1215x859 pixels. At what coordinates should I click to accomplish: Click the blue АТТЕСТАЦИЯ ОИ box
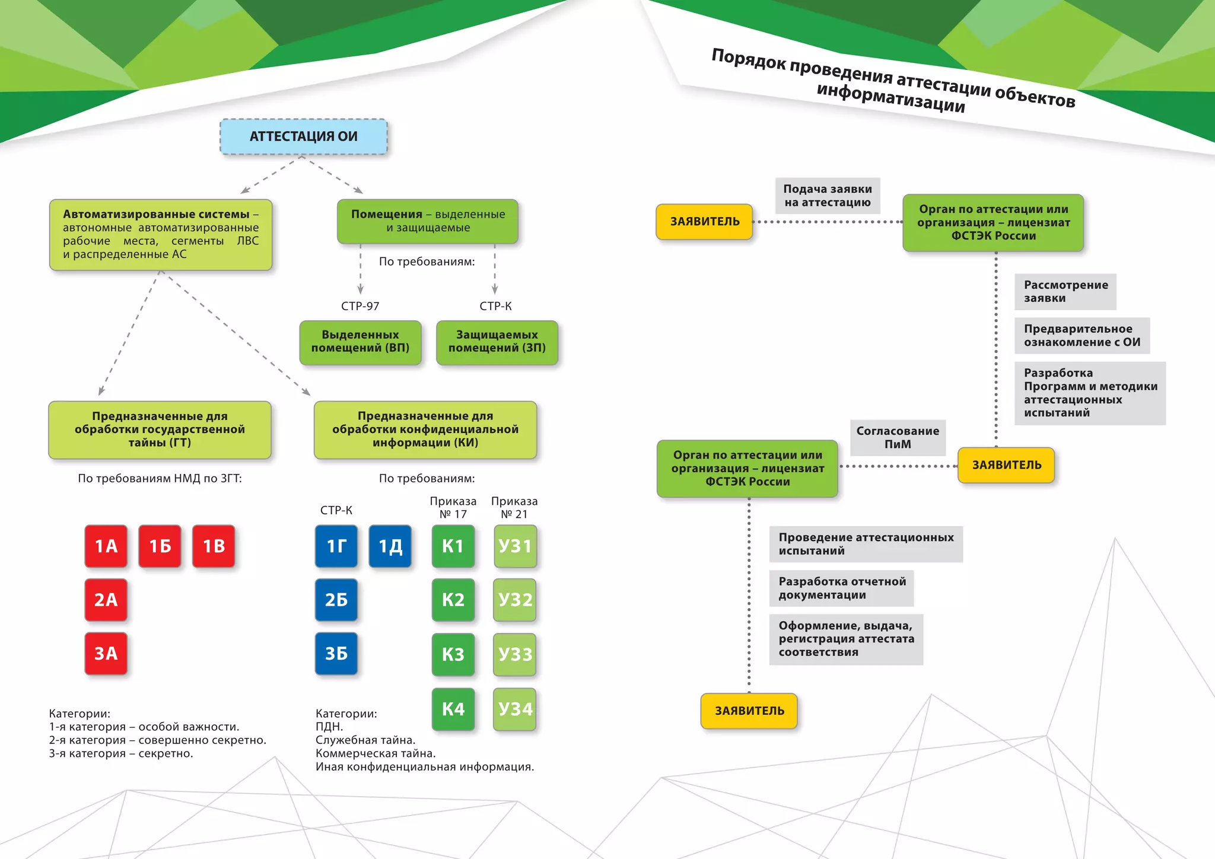click(303, 137)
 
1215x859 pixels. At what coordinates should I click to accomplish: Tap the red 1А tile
click(106, 546)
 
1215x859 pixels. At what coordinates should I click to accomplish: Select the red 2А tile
click(106, 600)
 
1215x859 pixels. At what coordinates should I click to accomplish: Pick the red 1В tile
click(214, 546)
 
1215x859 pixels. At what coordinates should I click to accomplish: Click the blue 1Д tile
click(390, 546)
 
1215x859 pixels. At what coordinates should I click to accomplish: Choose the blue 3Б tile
click(336, 653)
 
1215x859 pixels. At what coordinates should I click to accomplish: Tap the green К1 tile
click(453, 546)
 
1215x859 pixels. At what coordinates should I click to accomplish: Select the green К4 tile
click(453, 709)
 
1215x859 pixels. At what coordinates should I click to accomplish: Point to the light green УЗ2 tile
click(515, 600)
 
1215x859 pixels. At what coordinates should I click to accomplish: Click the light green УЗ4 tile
click(515, 709)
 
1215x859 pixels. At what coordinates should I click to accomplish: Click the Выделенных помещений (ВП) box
click(360, 342)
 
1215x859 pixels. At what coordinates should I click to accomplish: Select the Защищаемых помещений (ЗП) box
click(497, 342)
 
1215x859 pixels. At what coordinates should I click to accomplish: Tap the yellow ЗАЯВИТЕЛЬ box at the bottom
click(749, 711)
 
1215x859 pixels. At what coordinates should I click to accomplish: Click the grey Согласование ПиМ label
click(898, 438)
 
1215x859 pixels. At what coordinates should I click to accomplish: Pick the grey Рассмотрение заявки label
click(1065, 291)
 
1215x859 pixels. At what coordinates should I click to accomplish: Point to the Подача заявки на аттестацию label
click(828, 196)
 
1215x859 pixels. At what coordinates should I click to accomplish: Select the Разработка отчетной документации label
click(842, 588)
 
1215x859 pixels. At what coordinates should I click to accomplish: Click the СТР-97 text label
click(360, 306)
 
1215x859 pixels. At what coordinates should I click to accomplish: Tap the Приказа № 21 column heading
click(514, 508)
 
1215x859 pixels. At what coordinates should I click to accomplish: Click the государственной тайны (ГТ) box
click(160, 430)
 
